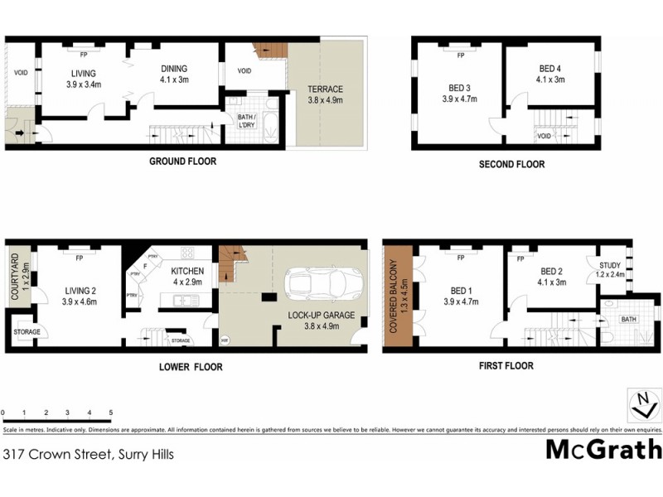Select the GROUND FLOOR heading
(182, 162)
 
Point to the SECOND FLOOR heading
(511, 164)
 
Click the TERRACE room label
(325, 89)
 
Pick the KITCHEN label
(187, 272)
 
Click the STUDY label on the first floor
(610, 266)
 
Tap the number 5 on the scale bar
(110, 412)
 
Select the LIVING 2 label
(80, 291)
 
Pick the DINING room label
(174, 69)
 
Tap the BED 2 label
(552, 271)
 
